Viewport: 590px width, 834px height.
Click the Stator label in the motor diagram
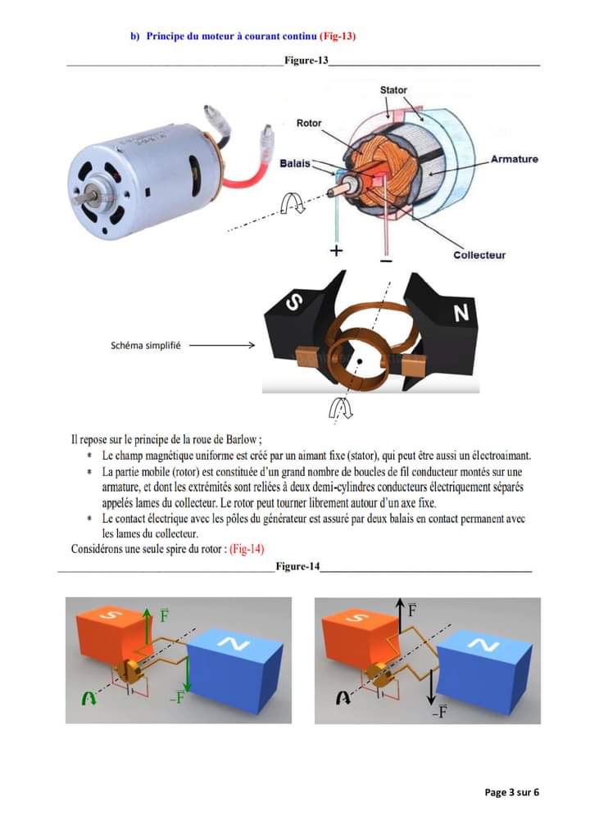point(393,90)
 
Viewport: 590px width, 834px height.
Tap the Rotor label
point(309,123)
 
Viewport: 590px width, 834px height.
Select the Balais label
point(295,163)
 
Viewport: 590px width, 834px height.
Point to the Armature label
point(514,159)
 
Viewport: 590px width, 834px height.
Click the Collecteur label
point(479,255)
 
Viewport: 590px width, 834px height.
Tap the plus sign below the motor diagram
point(336,251)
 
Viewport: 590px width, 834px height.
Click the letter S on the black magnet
point(294,303)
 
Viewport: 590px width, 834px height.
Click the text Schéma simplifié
point(146,346)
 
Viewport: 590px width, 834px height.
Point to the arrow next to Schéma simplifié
point(222,345)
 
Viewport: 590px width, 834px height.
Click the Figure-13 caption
point(306,60)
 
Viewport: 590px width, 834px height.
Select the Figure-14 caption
point(298,566)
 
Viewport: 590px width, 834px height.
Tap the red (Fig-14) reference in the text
point(247,549)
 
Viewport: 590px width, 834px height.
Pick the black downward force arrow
point(431,686)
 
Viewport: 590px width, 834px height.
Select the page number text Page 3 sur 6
point(512,792)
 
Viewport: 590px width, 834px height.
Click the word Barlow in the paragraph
point(242,440)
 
